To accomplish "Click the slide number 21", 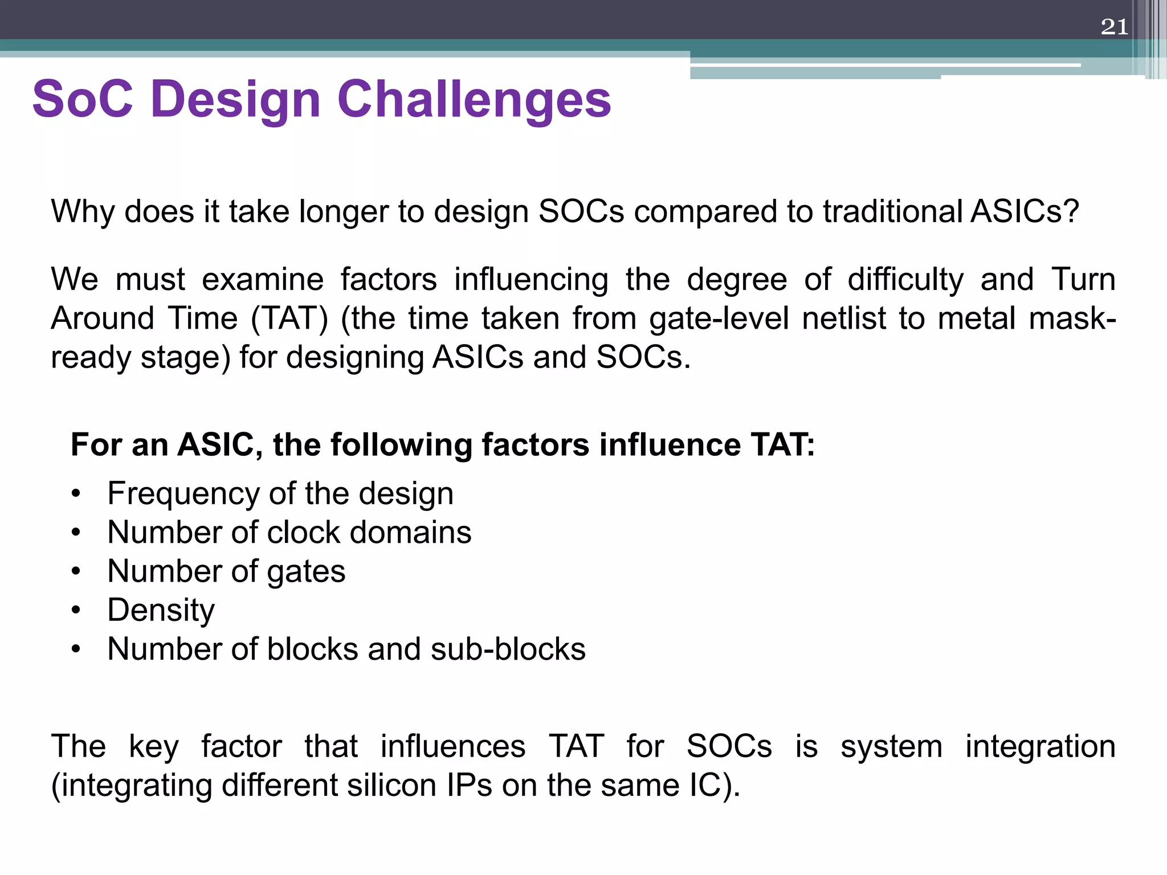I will pos(1114,27).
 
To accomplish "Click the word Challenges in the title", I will pos(474,99).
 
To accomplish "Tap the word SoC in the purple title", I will pos(83,99).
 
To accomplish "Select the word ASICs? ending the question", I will pos(1025,211).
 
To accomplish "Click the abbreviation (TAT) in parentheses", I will pos(289,318).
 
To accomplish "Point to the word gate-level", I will pos(719,318).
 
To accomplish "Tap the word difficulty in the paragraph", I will pos(905,280).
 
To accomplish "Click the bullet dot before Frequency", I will pos(76,494).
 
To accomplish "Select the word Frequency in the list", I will pos(182,493).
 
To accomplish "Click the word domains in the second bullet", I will pos(410,532).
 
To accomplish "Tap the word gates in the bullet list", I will pos(306,571).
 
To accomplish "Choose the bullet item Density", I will pos(161,610).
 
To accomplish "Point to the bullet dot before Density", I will pos(76,611).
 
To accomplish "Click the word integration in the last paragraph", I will pos(1040,746).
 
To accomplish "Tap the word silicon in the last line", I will pos(392,785).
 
